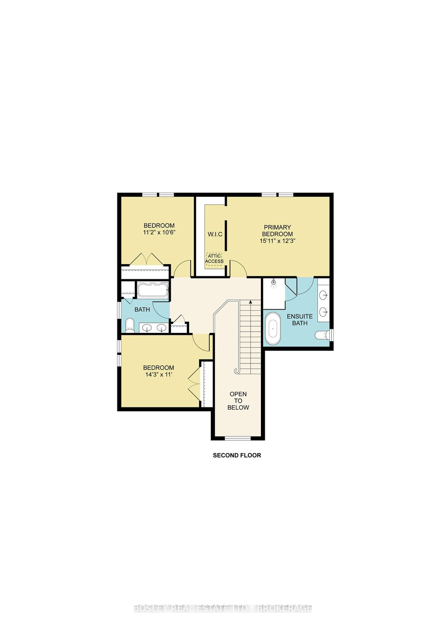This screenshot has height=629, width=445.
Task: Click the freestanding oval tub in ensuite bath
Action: (x=273, y=328)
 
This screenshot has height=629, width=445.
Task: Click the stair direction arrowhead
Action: (x=250, y=302)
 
